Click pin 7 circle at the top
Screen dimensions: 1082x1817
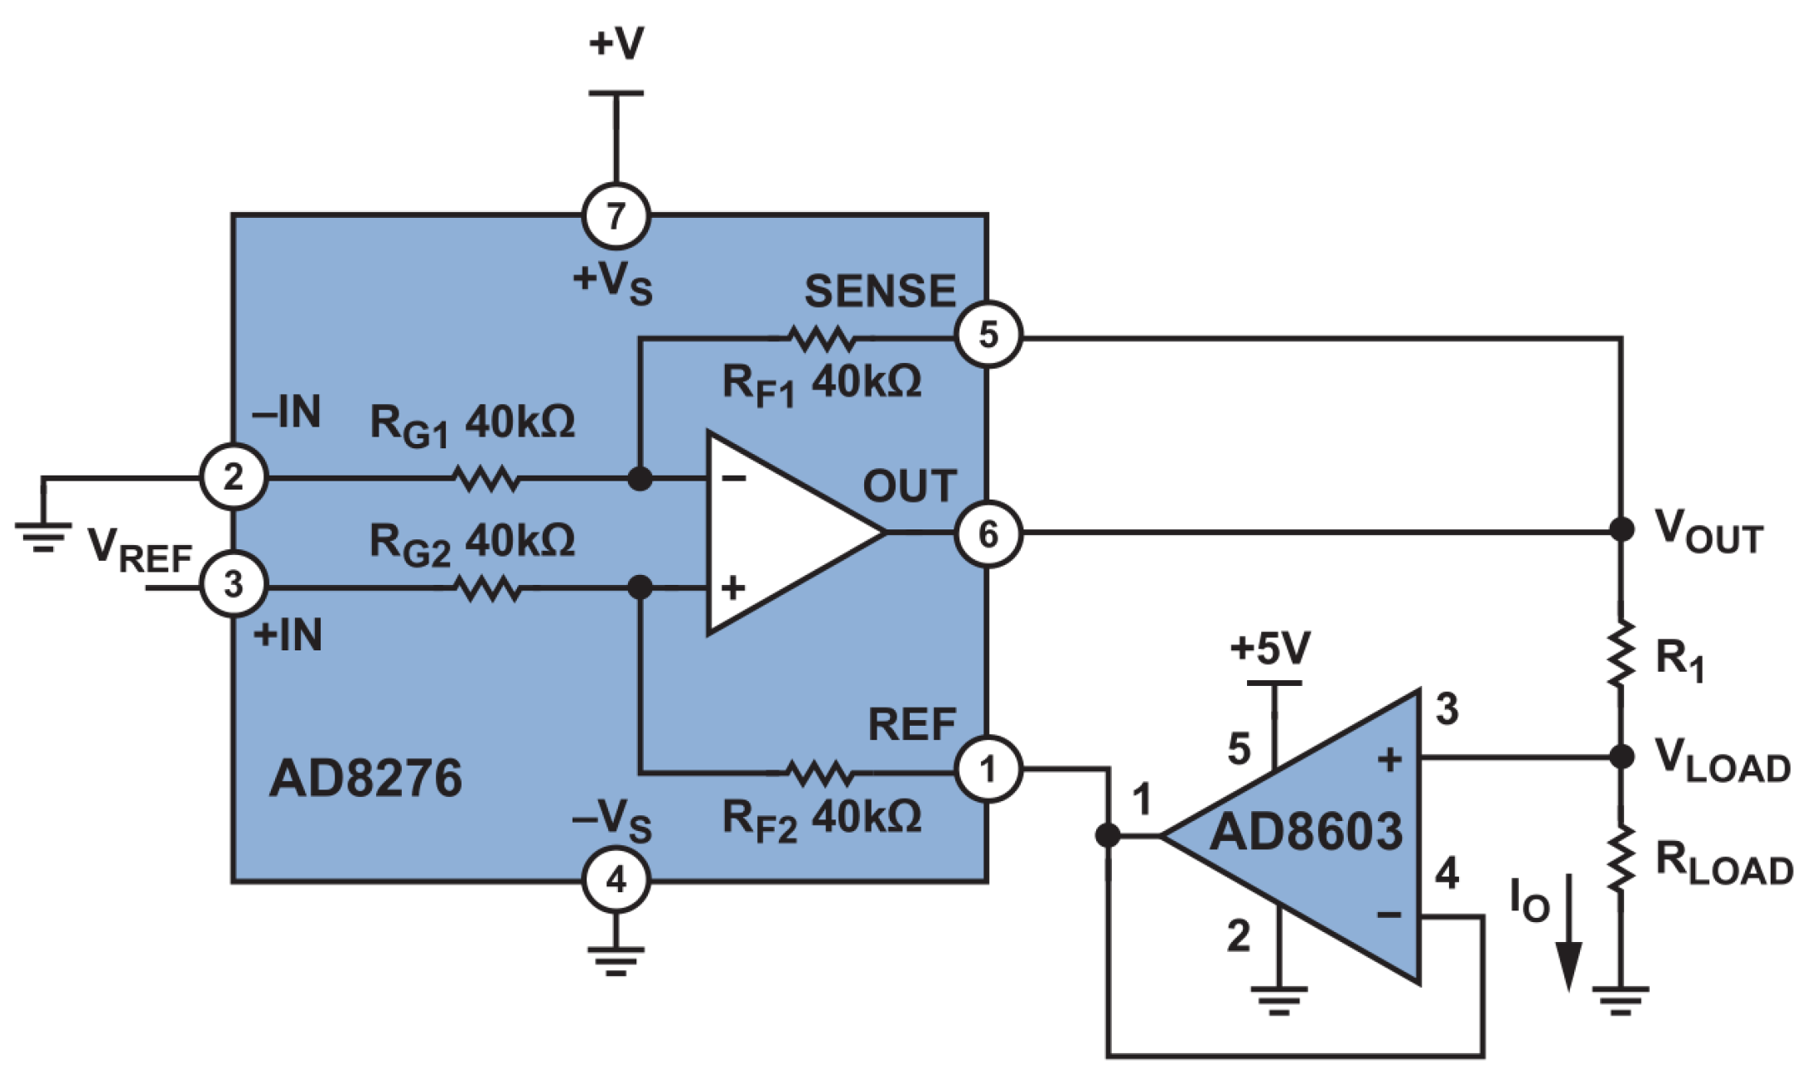(616, 216)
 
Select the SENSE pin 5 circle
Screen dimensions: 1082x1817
(988, 335)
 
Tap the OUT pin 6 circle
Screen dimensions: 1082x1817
(988, 534)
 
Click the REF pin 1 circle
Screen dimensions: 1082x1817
(988, 770)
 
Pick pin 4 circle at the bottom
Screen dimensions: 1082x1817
(616, 880)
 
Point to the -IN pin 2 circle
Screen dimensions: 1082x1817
(234, 477)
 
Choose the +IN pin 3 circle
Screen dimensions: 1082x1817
(234, 584)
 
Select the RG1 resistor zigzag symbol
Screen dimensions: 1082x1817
(487, 478)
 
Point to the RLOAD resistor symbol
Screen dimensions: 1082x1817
(1621, 858)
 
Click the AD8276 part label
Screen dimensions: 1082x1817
(365, 779)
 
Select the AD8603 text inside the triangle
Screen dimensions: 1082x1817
(1307, 832)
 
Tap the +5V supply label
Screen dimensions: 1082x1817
(1270, 649)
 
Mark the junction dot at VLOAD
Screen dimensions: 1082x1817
(1621, 756)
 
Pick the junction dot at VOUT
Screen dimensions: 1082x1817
(1621, 529)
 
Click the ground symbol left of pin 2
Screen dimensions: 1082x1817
(43, 535)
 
